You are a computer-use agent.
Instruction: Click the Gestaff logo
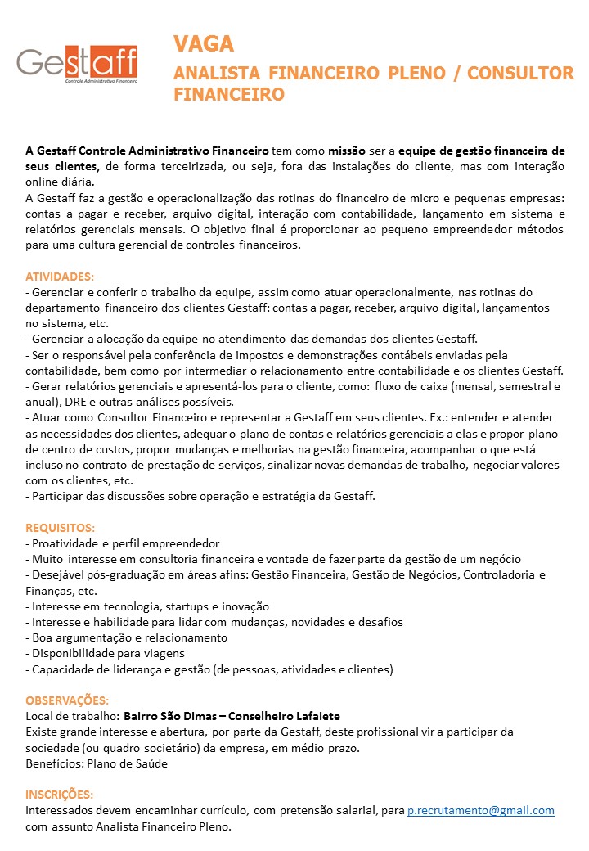(78, 64)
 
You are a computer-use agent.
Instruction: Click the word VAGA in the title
(204, 43)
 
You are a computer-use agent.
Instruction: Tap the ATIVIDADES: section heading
(60, 277)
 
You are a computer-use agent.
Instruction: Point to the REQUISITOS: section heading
(61, 528)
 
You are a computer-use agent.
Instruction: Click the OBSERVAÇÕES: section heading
(67, 700)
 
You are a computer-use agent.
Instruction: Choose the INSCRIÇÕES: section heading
(59, 795)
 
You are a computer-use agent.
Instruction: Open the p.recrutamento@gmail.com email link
(481, 810)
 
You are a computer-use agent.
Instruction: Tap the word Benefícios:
(54, 763)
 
